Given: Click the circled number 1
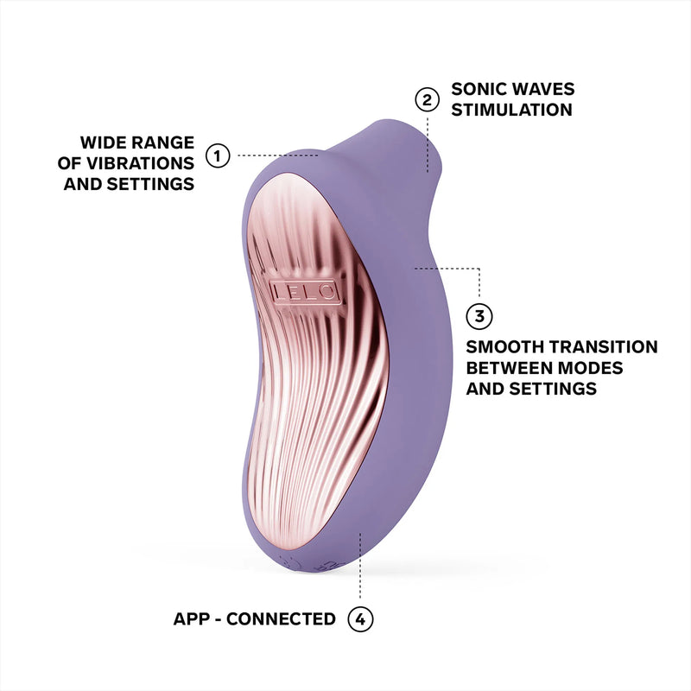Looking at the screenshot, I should pos(217,156).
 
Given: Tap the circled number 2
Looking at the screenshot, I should pos(425,100).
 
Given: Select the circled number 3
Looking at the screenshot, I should pos(479,315).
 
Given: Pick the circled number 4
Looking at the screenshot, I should pos(360,618).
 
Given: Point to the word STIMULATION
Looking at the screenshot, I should pos(512,111).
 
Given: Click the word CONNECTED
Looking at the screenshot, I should pos(283,618).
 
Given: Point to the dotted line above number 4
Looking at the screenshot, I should pos(360,570).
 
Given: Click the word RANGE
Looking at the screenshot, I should pos(167,142).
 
